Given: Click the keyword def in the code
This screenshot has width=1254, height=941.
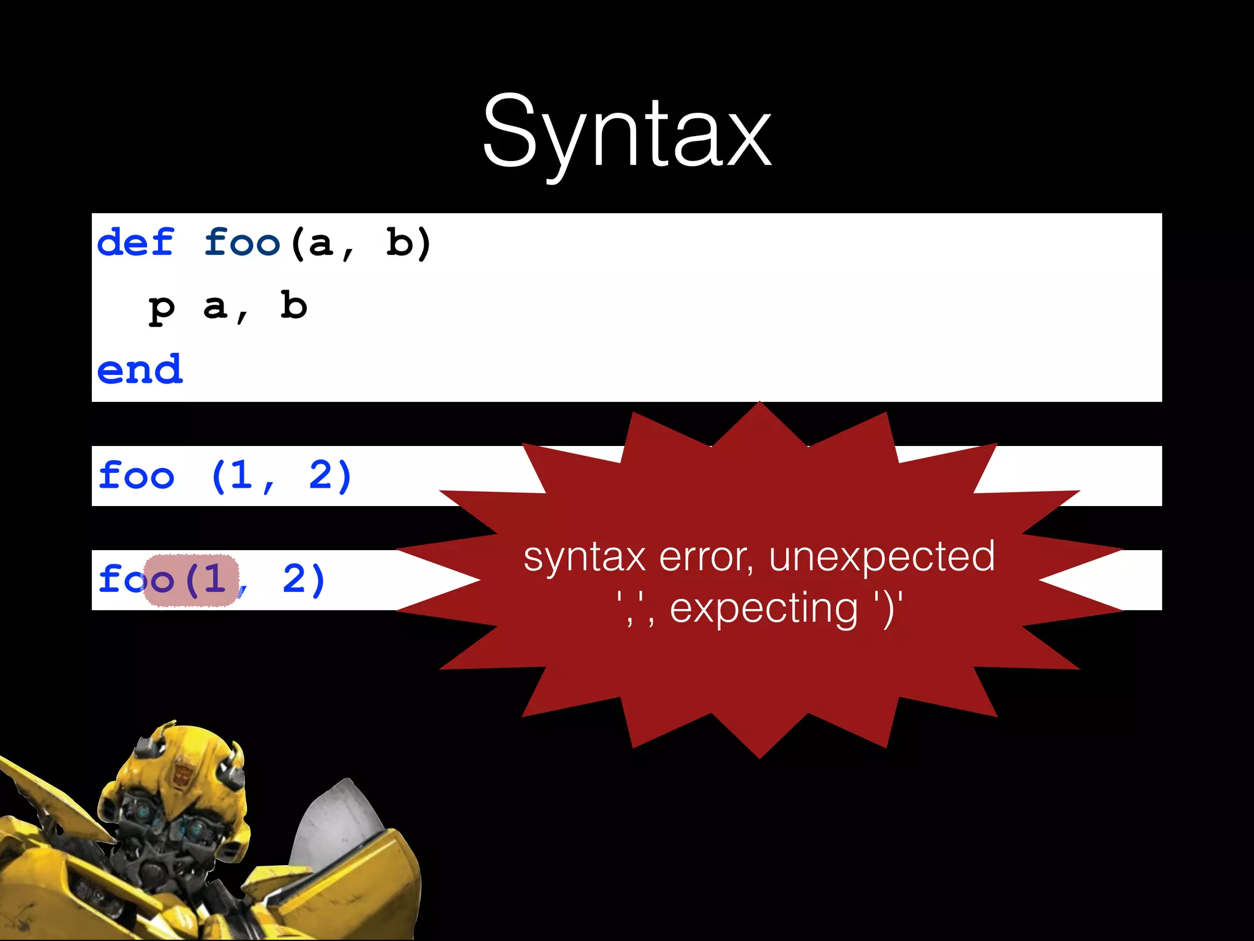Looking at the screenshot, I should pyautogui.click(x=136, y=243).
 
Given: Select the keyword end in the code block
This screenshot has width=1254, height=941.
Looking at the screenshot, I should pyautogui.click(x=140, y=370).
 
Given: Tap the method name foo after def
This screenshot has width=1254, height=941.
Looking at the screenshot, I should pyautogui.click(x=242, y=243).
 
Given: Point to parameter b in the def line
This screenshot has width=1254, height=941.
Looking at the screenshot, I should pyautogui.click(x=399, y=243).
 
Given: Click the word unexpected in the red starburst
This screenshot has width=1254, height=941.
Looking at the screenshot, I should pyautogui.click(x=882, y=556).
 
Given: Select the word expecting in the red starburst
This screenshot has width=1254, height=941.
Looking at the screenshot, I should pyautogui.click(x=764, y=608).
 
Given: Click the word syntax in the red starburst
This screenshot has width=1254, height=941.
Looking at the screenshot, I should pyautogui.click(x=585, y=557).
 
